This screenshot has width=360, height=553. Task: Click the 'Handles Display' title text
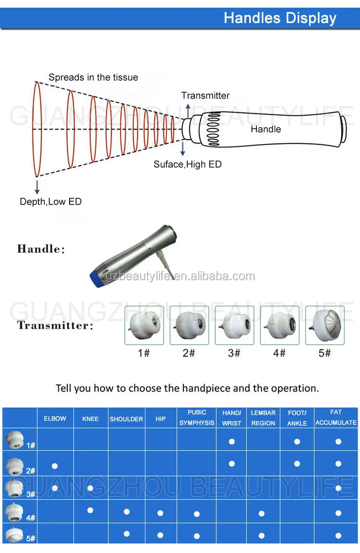(x=280, y=18)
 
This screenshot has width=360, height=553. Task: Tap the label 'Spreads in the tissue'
(x=93, y=77)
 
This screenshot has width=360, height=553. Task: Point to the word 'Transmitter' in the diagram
(x=205, y=96)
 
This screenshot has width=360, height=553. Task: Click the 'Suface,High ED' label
(x=188, y=164)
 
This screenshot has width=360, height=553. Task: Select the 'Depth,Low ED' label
(x=50, y=202)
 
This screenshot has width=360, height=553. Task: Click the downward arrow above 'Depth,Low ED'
(x=37, y=187)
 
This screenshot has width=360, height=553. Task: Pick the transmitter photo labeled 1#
(x=144, y=325)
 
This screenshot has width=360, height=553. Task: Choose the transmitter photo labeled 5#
(x=325, y=325)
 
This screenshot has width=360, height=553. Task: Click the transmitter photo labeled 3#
(x=234, y=325)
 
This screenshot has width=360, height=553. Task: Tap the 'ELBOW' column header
(x=55, y=419)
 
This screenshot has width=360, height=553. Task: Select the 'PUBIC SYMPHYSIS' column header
(x=197, y=418)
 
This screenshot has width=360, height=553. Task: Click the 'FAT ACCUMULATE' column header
(x=336, y=418)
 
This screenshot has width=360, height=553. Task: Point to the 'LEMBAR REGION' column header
(x=264, y=418)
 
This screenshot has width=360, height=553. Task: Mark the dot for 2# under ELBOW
(x=55, y=466)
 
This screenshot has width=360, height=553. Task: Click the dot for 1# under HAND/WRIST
(x=232, y=441)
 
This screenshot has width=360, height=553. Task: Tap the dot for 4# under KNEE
(x=90, y=510)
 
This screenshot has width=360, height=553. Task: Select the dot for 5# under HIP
(x=160, y=535)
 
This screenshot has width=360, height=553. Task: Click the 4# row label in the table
(x=31, y=518)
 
